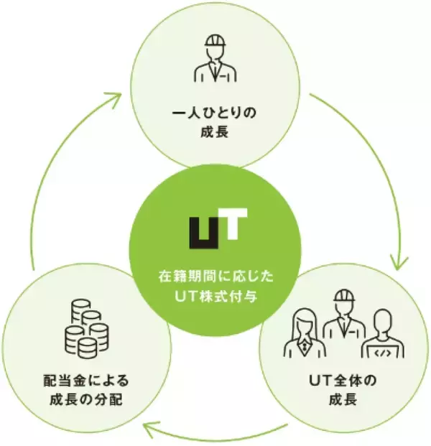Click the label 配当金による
(85, 381)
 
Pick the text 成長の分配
(85, 399)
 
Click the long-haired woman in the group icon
(305, 333)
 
